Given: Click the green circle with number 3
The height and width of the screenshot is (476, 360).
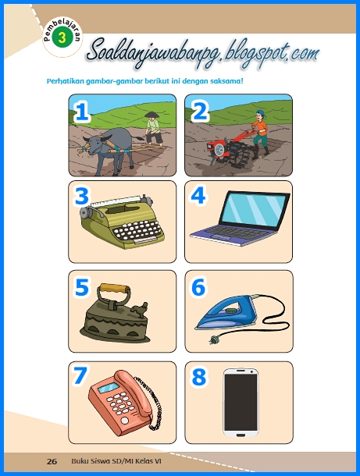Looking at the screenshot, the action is click(62, 37).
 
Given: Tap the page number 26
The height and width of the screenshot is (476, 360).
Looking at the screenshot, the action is click(52, 461).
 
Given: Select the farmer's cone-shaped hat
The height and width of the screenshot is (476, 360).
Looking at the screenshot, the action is click(151, 115).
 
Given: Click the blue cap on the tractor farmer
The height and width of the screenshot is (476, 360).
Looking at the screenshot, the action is click(260, 112).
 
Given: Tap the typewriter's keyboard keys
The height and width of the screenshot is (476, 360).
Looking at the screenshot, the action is click(137, 230).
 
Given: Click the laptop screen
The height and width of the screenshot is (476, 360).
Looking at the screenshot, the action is click(254, 209).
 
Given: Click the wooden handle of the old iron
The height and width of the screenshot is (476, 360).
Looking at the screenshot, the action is click(114, 288).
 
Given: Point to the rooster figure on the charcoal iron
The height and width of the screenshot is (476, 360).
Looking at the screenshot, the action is click(140, 310).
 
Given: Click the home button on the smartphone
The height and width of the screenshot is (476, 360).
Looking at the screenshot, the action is click(241, 435).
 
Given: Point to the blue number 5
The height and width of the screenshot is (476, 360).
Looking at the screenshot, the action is click(81, 287).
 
